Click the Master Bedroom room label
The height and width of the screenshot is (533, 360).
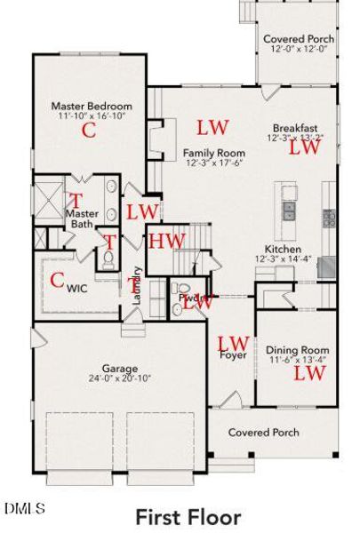tap(91, 106)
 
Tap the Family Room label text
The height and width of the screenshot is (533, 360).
tap(214, 153)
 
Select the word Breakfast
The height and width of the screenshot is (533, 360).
tap(293, 127)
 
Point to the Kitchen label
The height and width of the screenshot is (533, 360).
tap(283, 250)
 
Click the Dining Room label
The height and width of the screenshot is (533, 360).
tap(297, 350)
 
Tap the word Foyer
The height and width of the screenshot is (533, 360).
tap(233, 355)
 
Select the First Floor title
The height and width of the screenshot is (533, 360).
tap(188, 515)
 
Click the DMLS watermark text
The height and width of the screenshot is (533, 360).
tap(24, 507)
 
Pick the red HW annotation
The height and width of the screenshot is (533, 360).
tap(166, 240)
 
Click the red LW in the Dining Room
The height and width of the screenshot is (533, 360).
tap(309, 373)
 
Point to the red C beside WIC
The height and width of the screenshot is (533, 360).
tap(57, 281)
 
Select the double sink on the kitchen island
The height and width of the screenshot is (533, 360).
tap(291, 211)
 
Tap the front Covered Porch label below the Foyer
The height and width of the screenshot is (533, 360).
tap(264, 433)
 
